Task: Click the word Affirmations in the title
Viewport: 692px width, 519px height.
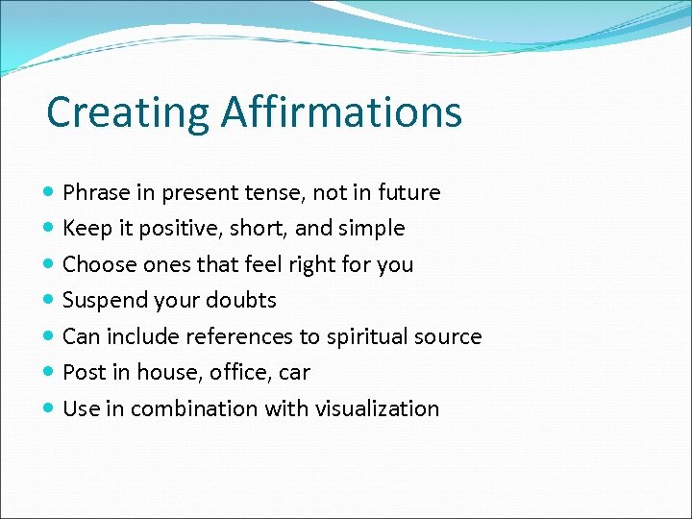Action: (x=341, y=111)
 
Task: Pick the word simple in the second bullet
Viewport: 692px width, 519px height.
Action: (x=371, y=229)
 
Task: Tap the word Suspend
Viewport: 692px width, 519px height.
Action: (x=103, y=301)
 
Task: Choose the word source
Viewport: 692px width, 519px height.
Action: (x=450, y=336)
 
